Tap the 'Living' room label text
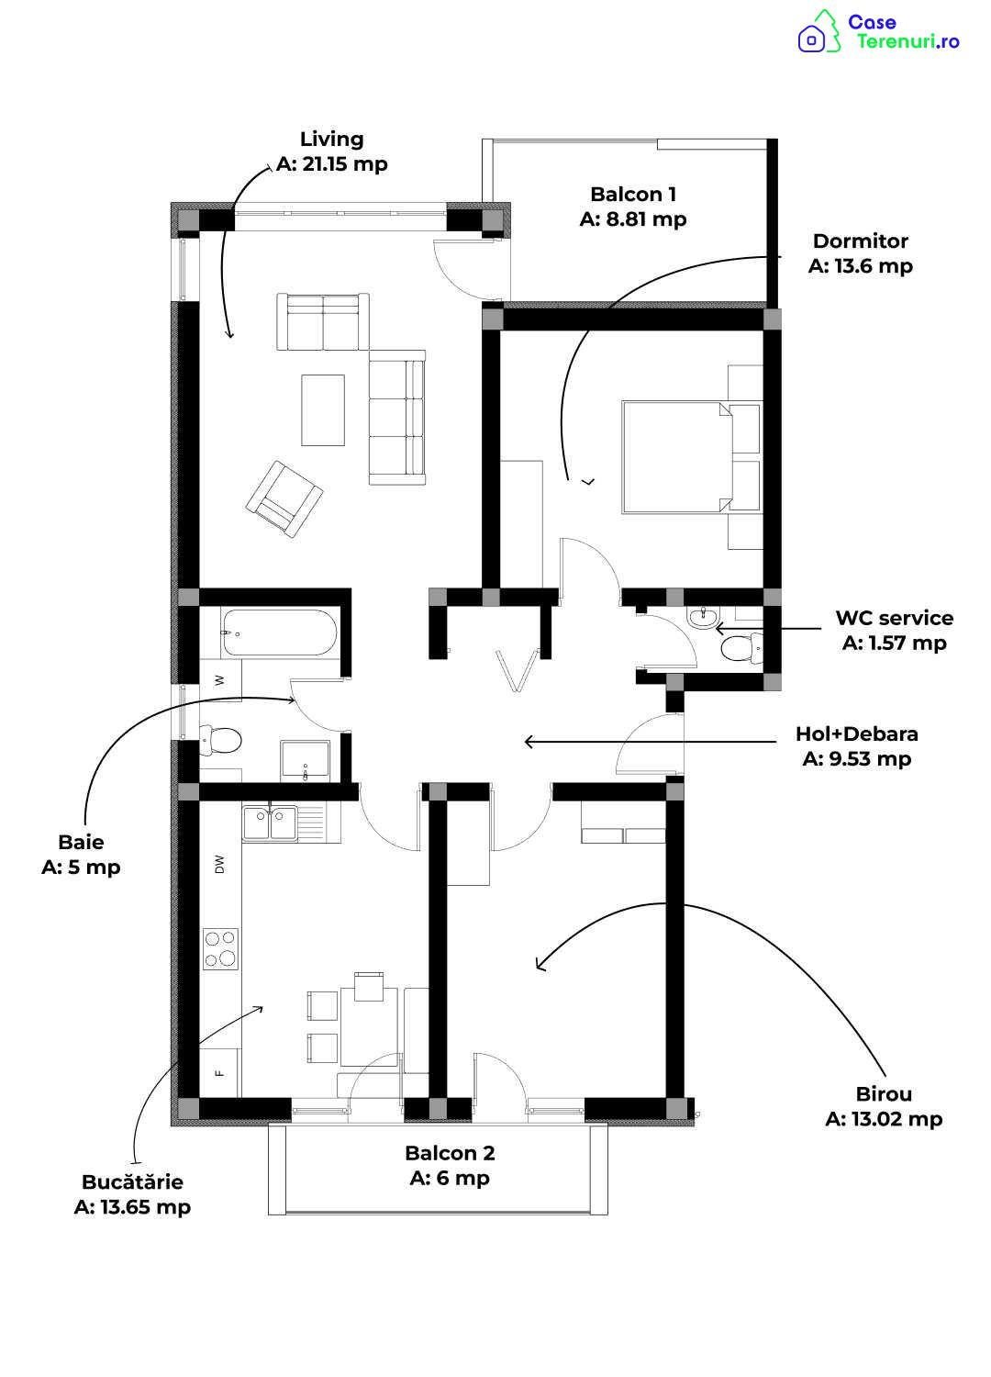[332, 140]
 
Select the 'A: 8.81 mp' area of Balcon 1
[633, 219]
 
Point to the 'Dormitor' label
[860, 241]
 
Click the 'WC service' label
[894, 618]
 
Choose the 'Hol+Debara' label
[856, 733]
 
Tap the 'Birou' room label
[884, 1094]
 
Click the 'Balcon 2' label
[450, 1153]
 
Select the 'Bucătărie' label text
[132, 1181]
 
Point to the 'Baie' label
[81, 842]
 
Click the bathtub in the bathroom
[278, 633]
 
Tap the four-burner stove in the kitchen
[220, 948]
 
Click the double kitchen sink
[270, 823]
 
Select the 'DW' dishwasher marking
[219, 865]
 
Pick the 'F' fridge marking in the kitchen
[218, 1073]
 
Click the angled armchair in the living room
[284, 499]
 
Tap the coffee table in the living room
[323, 410]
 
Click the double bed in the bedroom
[692, 457]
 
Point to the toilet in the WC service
[740, 648]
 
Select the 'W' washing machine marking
[219, 680]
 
